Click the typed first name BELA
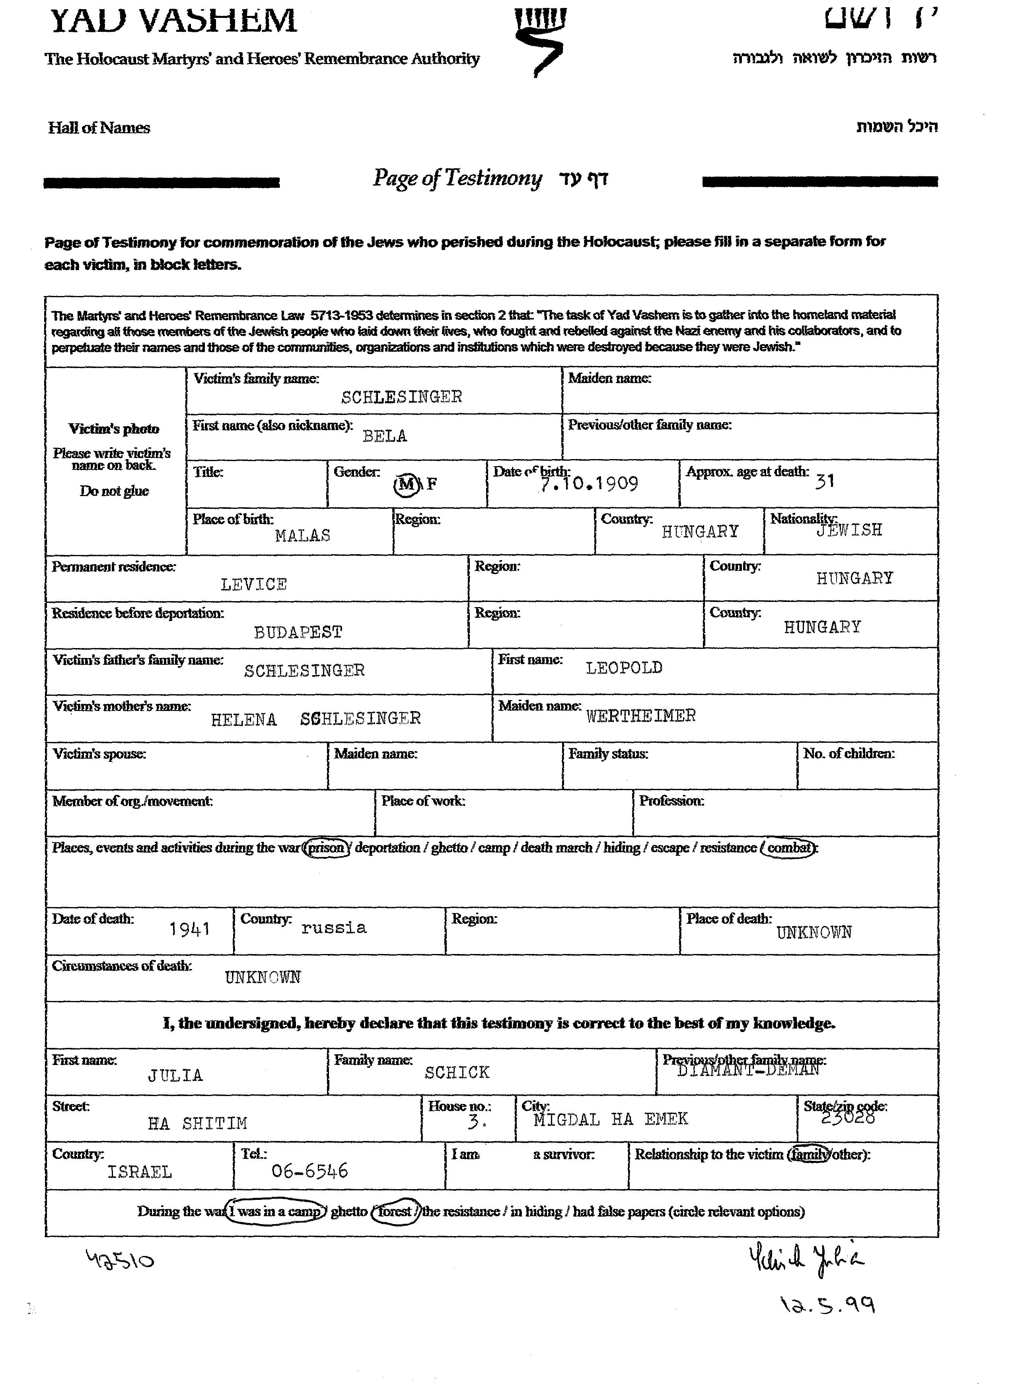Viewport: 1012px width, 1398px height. [x=385, y=436]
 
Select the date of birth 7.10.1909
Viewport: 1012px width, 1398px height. [x=589, y=484]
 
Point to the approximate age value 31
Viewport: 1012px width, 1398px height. [x=825, y=481]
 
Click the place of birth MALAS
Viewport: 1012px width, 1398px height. [x=303, y=535]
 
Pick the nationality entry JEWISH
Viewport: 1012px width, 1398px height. [x=849, y=530]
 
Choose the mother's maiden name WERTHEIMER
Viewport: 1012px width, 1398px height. [x=640, y=716]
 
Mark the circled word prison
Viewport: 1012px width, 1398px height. [x=327, y=848]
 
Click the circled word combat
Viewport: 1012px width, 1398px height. [x=789, y=848]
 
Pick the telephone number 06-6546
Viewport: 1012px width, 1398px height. [x=309, y=1170]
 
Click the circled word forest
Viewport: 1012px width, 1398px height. [x=395, y=1211]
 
